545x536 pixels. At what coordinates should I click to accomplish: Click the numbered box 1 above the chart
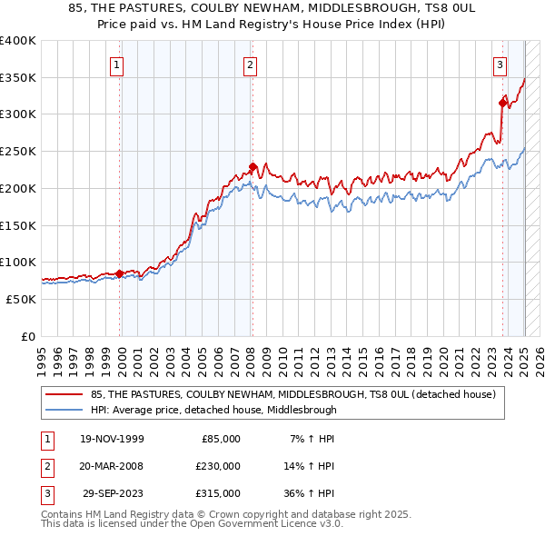click(x=119, y=64)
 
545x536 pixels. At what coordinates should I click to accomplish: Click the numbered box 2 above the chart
click(x=250, y=64)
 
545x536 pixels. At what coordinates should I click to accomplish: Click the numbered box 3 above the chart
click(x=500, y=64)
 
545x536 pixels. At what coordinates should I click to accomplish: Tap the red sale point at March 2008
click(x=253, y=166)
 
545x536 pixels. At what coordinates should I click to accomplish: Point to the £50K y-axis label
click(x=20, y=299)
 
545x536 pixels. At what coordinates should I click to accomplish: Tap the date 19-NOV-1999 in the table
click(x=112, y=439)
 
